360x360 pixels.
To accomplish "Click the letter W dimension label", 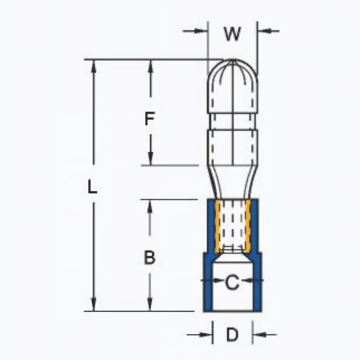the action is (x=233, y=34).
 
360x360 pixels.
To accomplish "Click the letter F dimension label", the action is (x=150, y=118).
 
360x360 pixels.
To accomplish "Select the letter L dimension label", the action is (x=93, y=187).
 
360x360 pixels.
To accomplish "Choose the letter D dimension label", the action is (x=232, y=334).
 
